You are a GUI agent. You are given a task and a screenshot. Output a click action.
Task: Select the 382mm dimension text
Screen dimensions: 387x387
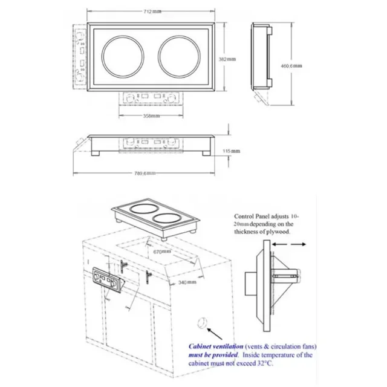pyautogui.click(x=226, y=59)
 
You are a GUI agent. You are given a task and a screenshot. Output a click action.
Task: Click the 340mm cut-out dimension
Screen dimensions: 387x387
pyautogui.click(x=188, y=282)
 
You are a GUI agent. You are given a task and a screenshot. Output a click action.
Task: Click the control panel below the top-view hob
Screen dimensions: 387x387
pyautogui.click(x=151, y=98)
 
